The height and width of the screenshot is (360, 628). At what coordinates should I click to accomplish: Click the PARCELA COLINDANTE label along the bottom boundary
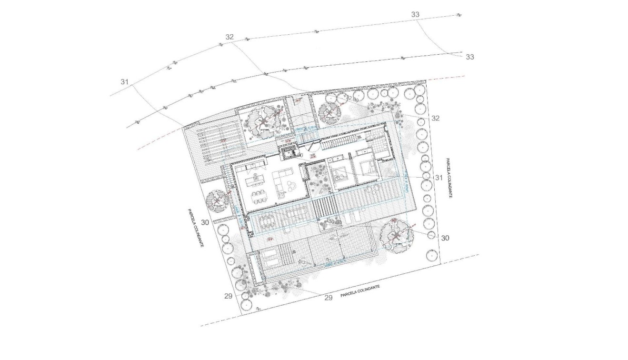(x=360, y=291)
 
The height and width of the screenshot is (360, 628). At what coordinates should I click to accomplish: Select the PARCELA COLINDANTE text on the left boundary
(x=195, y=228)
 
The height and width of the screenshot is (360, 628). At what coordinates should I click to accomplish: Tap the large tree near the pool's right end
(x=396, y=237)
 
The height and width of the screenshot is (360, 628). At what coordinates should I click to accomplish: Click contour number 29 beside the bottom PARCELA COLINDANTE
(x=328, y=298)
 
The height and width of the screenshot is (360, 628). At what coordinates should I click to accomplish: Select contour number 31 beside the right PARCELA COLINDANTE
(x=439, y=177)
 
